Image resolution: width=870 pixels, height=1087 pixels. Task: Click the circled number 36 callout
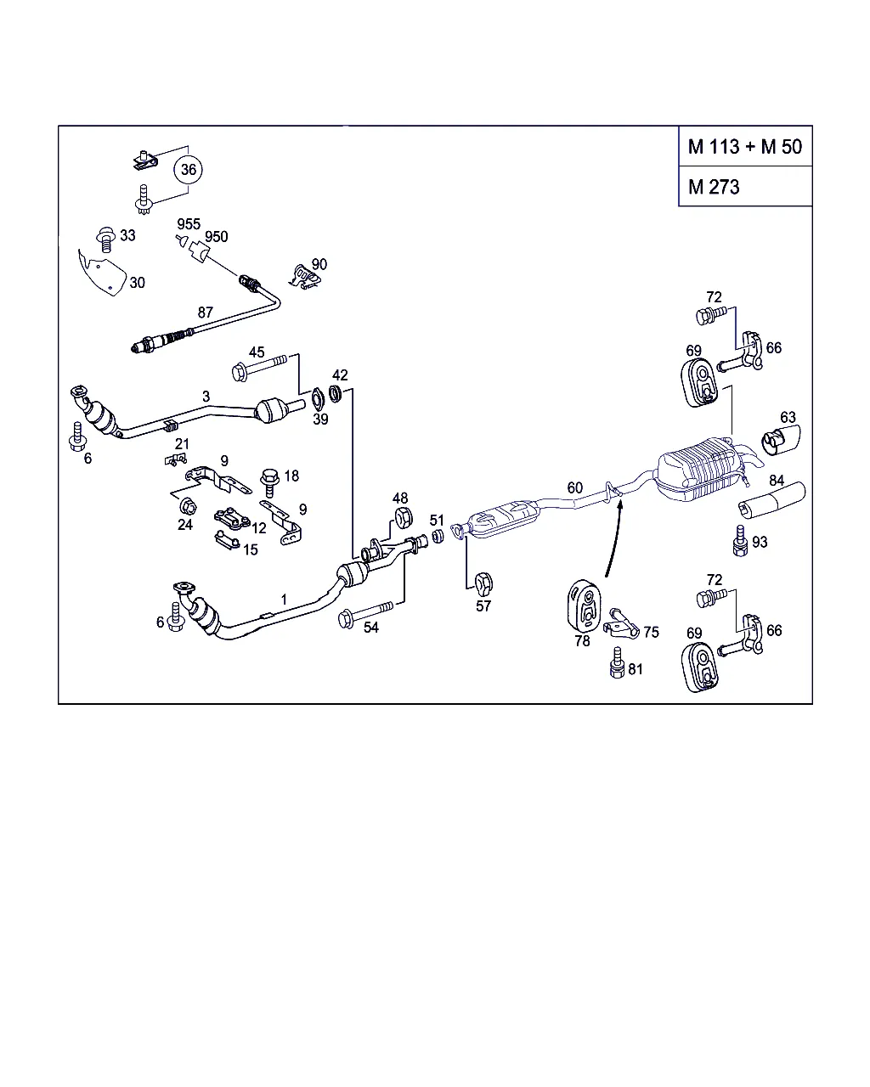189,170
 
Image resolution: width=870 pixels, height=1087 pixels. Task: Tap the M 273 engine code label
714,188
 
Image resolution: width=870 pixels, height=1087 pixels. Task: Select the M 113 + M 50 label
744,147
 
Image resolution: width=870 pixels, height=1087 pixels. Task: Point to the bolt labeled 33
107,239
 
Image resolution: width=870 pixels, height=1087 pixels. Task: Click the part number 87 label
206,313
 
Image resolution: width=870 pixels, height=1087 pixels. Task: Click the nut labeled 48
402,517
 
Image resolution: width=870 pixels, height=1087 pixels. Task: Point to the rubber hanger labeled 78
583,605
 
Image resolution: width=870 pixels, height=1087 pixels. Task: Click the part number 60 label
575,487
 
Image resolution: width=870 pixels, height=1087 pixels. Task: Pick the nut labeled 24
188,507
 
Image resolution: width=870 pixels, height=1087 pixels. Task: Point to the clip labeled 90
304,273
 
